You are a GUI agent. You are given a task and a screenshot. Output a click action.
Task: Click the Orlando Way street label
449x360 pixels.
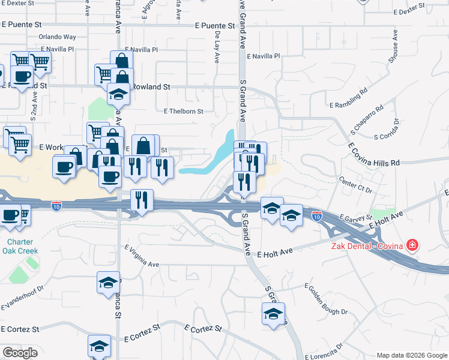pyautogui.click(x=58, y=37)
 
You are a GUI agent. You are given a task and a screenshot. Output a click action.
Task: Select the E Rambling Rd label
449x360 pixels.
pyautogui.click(x=348, y=100)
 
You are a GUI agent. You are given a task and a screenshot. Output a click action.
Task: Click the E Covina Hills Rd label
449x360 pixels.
pyautogui.click(x=373, y=154)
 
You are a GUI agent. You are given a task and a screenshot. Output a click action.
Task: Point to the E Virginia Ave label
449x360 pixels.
pyautogui.click(x=142, y=256)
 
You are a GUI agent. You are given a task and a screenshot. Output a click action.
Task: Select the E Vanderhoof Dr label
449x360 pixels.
pyautogui.click(x=22, y=299)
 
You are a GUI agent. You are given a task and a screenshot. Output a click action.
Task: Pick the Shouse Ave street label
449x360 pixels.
pyautogui.click(x=394, y=49)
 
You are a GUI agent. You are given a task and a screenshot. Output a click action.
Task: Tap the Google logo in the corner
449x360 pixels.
pyautogui.click(x=20, y=353)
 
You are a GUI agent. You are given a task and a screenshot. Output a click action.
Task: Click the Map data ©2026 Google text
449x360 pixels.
pyautogui.click(x=411, y=355)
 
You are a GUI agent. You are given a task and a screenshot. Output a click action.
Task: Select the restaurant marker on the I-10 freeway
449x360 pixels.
pyautogui.click(x=142, y=200)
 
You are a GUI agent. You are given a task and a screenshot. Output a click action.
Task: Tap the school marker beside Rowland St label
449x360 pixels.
pyautogui.click(x=118, y=94)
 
